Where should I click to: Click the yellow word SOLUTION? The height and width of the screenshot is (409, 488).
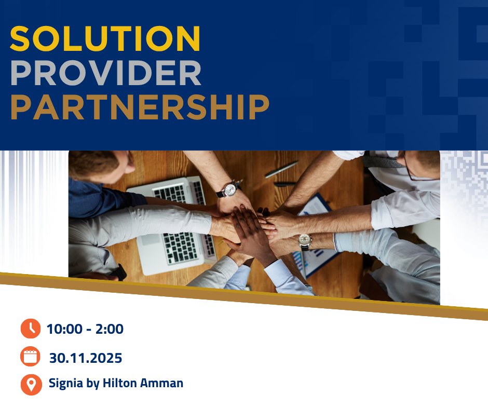105,38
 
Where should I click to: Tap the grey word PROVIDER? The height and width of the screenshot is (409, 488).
105,73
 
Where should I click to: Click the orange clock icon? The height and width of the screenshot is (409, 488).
31,329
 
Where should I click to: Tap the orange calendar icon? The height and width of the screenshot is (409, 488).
31,357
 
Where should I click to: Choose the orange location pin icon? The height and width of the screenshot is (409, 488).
31,384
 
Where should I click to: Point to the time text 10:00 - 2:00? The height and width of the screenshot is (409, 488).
85,329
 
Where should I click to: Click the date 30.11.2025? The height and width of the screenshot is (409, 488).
86,358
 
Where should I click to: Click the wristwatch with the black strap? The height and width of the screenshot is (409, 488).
229,189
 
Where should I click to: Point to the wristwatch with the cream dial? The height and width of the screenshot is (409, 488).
305,240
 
